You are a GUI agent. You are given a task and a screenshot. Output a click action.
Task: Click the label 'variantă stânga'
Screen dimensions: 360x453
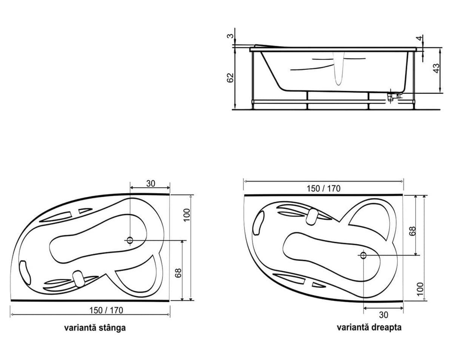[95, 328]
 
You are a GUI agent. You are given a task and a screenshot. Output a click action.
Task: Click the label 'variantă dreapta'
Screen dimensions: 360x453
[369, 327]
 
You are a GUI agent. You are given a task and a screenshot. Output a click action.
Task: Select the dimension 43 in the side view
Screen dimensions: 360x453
[436, 68]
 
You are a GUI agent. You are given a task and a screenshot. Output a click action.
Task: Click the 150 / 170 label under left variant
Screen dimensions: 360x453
[106, 310]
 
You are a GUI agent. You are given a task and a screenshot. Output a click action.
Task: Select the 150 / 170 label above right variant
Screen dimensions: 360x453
[324, 188]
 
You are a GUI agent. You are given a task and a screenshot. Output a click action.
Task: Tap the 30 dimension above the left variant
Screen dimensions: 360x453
[150, 184]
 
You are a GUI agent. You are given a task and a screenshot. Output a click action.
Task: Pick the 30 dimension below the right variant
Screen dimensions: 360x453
[383, 314]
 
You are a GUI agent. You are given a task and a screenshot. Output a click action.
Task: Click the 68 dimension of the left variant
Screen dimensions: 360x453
[178, 273]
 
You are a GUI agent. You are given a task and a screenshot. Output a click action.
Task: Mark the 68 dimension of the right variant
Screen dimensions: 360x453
[412, 231]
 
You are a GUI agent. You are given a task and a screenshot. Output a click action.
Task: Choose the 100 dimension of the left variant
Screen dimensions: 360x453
[187, 215]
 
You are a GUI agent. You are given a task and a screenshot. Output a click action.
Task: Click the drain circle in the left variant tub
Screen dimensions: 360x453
[130, 240]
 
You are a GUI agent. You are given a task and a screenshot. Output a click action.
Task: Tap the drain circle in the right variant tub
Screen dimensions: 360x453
[363, 255]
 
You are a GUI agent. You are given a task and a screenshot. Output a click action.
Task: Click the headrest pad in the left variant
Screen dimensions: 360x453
[79, 279]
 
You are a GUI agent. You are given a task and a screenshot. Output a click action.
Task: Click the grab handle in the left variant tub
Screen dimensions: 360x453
[25, 271]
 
